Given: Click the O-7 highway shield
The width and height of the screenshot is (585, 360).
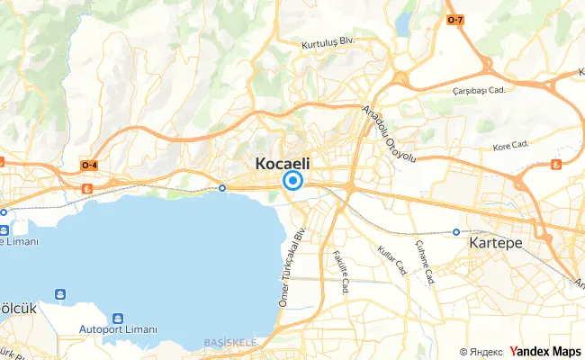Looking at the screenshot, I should point(456,19).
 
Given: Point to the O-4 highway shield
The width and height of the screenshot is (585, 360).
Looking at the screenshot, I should point(90,166).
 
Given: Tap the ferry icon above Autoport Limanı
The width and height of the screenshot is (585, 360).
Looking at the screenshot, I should point(118,319).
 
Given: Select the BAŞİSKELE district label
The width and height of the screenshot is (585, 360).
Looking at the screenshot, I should point(230,343).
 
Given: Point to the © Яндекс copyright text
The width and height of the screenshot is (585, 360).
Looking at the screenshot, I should point(481,352).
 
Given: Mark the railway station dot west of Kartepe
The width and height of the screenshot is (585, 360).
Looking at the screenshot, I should point(456,232).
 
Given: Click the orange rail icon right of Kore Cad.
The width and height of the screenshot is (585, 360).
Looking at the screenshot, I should point(555,164).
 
